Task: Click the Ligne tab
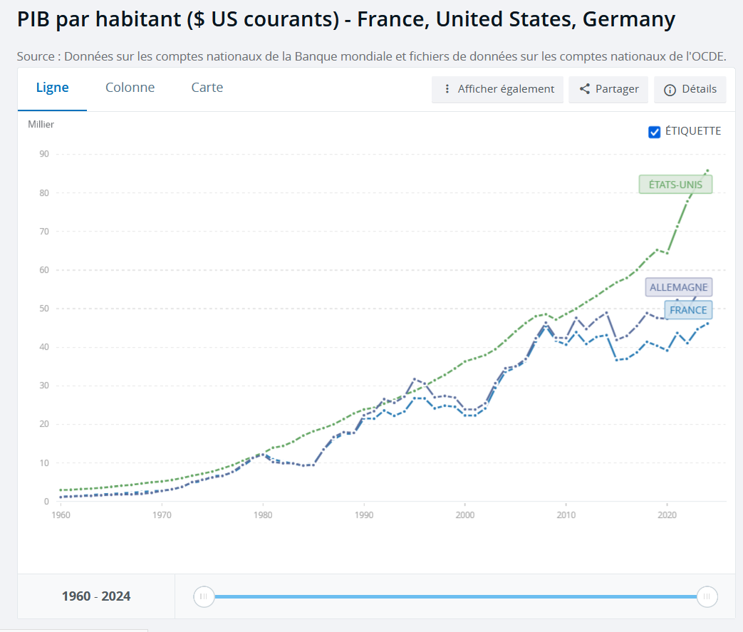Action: pyautogui.click(x=53, y=88)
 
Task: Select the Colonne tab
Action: pyautogui.click(x=130, y=88)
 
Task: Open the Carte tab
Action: pyautogui.click(x=207, y=88)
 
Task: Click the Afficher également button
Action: pyautogui.click(x=497, y=89)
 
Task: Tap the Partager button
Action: pyautogui.click(x=608, y=89)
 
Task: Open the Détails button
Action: pyautogui.click(x=690, y=89)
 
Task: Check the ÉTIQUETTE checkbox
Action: pyautogui.click(x=655, y=132)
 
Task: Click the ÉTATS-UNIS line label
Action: pyautogui.click(x=675, y=185)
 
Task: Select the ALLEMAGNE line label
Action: pyautogui.click(x=679, y=288)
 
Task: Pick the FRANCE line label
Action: pyautogui.click(x=688, y=310)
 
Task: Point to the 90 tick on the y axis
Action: pyautogui.click(x=44, y=154)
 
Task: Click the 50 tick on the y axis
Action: pyautogui.click(x=44, y=309)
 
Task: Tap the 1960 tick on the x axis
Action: pyautogui.click(x=61, y=514)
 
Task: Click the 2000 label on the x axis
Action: pyautogui.click(x=464, y=514)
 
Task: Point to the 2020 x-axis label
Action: pyautogui.click(x=667, y=514)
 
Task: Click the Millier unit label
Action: pyautogui.click(x=41, y=125)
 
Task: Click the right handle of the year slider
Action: pyautogui.click(x=707, y=596)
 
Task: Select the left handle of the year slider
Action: pyautogui.click(x=204, y=596)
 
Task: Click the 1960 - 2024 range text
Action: pyautogui.click(x=96, y=596)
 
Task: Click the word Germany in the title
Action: pyautogui.click(x=628, y=19)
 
